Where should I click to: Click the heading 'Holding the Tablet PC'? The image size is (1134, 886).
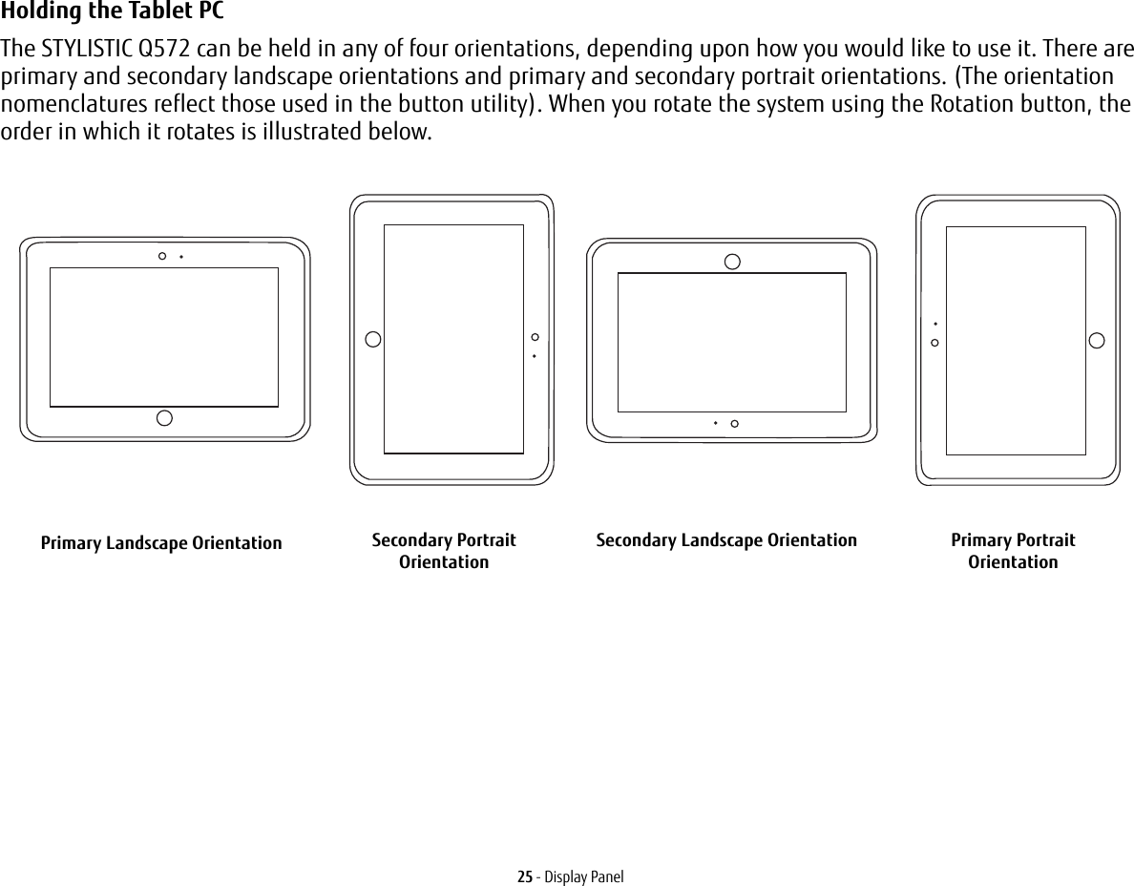pos(114,12)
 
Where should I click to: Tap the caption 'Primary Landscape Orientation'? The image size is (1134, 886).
pos(161,543)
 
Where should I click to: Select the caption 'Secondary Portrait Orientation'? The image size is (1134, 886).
pos(444,551)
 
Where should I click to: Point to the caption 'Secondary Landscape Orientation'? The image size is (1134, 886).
pos(726,540)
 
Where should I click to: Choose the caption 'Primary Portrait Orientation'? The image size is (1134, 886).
pos(1013,551)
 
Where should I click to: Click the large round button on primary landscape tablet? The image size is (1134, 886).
pos(164,417)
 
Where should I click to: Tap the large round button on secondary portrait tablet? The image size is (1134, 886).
pos(373,339)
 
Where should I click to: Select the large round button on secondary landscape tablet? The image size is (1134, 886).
pos(732,262)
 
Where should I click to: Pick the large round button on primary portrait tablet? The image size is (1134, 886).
pos(1097,340)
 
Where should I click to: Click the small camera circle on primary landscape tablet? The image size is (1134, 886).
pos(162,256)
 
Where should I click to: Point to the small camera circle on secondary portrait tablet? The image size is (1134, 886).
pos(535,337)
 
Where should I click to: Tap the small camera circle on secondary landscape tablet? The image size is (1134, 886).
pos(734,423)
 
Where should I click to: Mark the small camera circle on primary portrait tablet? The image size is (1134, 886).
pos(934,342)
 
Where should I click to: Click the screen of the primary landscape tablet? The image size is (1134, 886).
pos(164,337)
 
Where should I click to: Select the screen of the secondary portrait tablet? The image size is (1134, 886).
pos(453,339)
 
